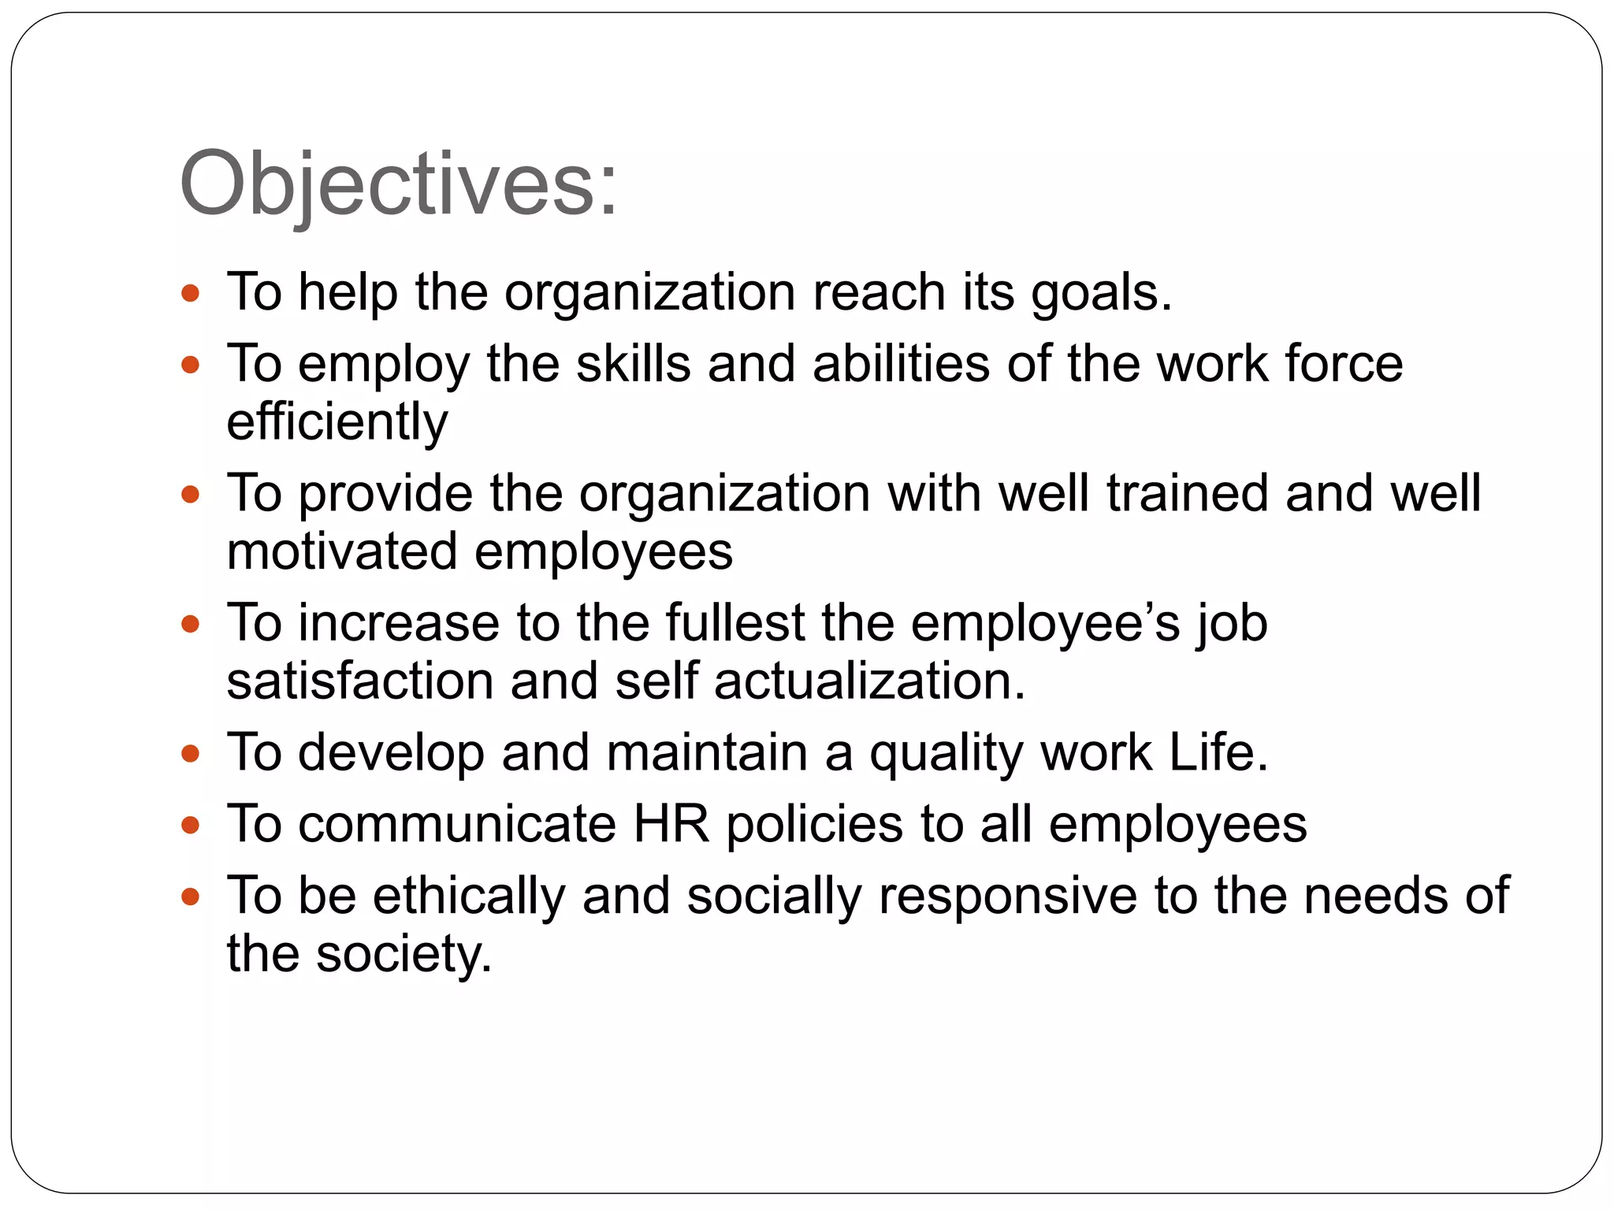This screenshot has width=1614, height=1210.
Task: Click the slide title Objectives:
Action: click(x=398, y=186)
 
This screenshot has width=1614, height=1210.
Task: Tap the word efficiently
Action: click(x=337, y=422)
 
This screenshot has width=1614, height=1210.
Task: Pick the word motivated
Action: click(x=341, y=551)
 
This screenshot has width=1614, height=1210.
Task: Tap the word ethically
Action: click(x=469, y=896)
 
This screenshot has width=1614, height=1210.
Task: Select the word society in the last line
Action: click(x=403, y=955)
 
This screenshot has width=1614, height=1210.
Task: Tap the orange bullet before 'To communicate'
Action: click(x=190, y=826)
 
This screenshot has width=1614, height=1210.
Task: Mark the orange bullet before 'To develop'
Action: click(x=190, y=755)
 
